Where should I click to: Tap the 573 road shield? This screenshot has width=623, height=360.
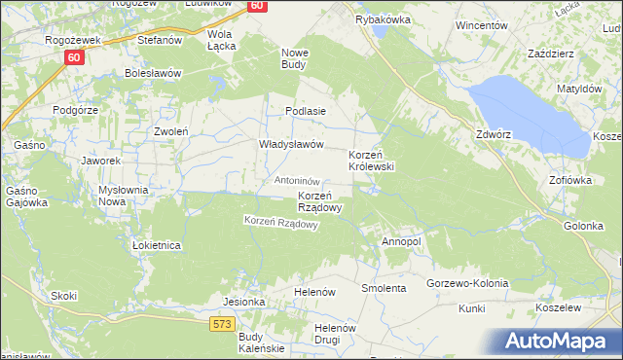click(x=221, y=322)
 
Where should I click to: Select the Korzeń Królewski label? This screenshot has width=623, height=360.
click(x=371, y=162)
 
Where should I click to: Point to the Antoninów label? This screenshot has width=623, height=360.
click(x=298, y=181)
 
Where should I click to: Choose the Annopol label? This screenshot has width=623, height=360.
click(x=401, y=241)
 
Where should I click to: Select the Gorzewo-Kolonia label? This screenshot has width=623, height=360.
click(x=467, y=283)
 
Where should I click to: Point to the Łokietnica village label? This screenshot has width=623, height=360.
click(x=157, y=246)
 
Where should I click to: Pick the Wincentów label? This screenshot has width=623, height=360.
click(x=483, y=25)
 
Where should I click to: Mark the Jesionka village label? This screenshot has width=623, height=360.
click(x=244, y=302)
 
